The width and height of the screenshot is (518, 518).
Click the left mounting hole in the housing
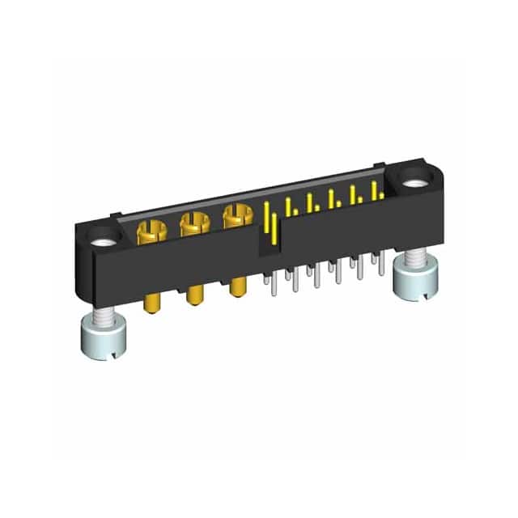tap(104, 241)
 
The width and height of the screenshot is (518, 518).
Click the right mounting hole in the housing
tap(414, 183)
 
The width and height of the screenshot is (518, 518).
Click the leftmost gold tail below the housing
tap(151, 304)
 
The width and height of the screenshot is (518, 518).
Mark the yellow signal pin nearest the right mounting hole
tap(374, 190)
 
